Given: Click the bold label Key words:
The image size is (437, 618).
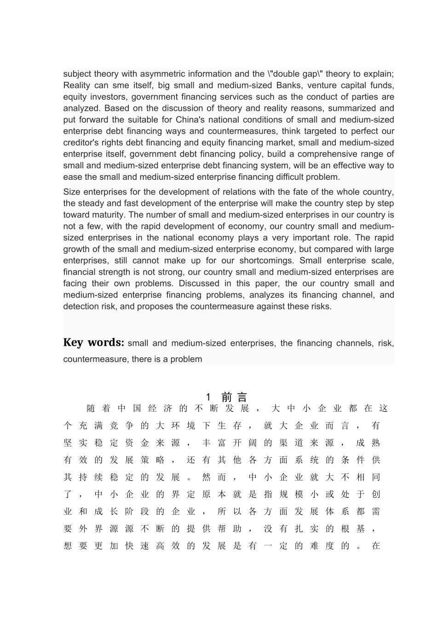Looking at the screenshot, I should coord(93,343).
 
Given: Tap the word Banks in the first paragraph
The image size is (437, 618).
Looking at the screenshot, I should coord(288,86).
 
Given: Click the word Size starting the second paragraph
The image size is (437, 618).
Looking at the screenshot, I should coord(72,192).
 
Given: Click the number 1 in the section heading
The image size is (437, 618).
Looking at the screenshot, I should coord(208,397).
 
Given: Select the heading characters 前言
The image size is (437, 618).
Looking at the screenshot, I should coord(234,397).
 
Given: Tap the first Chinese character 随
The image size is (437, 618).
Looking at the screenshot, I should coord(91,408).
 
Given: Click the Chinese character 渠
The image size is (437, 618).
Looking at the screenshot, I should coord(283,443).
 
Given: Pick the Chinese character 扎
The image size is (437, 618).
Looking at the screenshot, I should coord(299,529).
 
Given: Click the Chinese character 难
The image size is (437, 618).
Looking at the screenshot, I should coord(314,546).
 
